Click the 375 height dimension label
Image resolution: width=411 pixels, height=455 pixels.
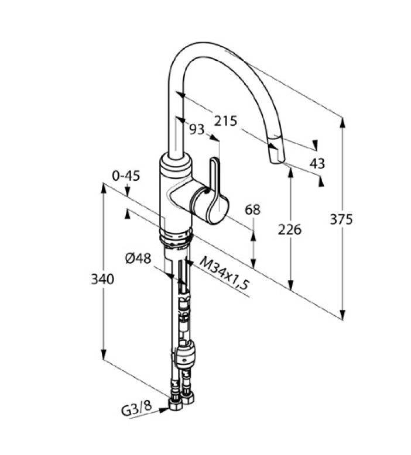click(x=341, y=219)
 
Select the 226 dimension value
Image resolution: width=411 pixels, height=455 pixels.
click(x=290, y=230)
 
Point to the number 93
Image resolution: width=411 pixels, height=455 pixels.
click(x=197, y=129)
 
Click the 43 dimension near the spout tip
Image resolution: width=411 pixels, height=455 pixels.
click(x=317, y=163)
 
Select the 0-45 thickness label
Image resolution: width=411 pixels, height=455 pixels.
click(x=126, y=175)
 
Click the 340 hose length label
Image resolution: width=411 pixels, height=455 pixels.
click(x=102, y=279)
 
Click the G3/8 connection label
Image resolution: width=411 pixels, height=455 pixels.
click(x=133, y=410)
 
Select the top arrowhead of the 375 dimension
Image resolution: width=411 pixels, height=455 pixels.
click(x=343, y=122)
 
